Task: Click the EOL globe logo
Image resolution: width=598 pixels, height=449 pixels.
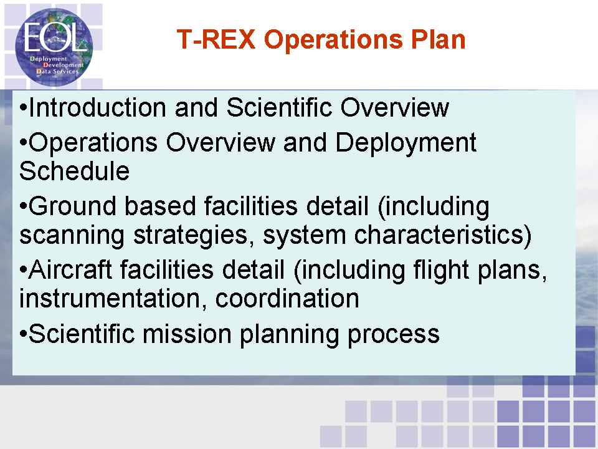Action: pos(54,47)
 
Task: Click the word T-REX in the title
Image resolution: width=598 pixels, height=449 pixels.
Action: pos(216,39)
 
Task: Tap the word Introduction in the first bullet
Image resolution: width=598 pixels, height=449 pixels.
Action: pos(97,107)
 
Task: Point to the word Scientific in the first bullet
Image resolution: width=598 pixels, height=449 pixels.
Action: pos(279,107)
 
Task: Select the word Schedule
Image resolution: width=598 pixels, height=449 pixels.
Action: pos(74,171)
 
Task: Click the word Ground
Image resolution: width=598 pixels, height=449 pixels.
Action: pos(72,206)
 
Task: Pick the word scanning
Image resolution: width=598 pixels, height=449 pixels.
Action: pos(72,235)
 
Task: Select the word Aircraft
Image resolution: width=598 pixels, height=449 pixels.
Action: pos(70,269)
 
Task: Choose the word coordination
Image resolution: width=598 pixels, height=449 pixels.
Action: pos(287,299)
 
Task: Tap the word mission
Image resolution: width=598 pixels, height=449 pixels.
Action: pos(187,334)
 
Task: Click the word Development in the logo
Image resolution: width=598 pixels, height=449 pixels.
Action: pos(64,65)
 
